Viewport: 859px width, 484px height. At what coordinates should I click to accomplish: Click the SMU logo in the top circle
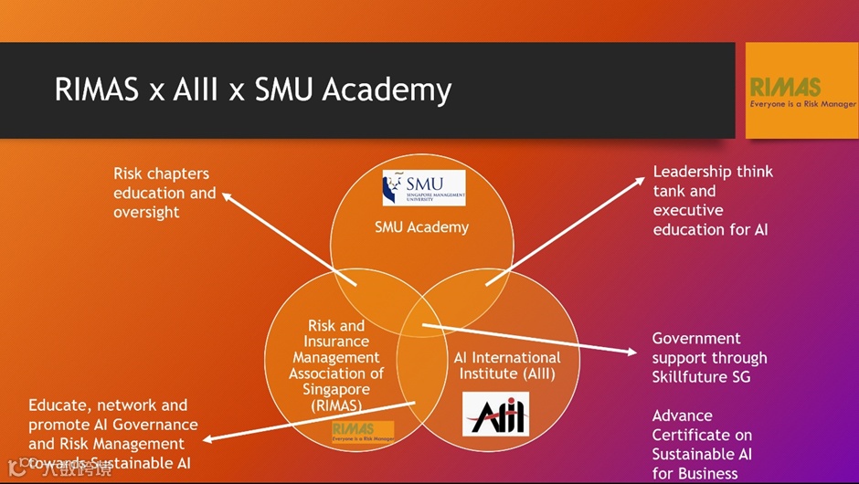point(423,187)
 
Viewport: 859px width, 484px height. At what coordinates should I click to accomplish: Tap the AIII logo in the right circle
point(494,413)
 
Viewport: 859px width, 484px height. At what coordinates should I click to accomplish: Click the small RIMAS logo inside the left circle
point(363,431)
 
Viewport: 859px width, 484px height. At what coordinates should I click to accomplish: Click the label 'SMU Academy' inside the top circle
point(421,226)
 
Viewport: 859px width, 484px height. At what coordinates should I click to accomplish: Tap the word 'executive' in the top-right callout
point(688,210)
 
